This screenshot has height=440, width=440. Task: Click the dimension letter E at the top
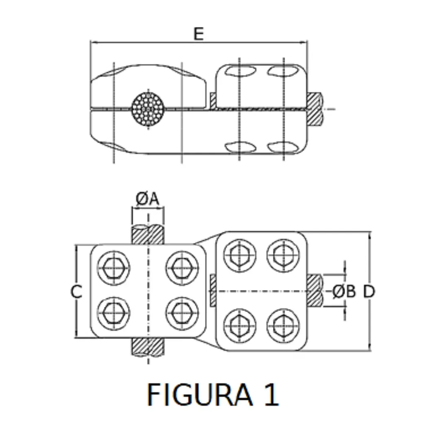(198, 34)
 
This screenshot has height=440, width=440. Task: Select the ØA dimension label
(147, 199)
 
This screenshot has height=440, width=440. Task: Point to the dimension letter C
(76, 292)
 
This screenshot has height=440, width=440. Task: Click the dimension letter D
(369, 291)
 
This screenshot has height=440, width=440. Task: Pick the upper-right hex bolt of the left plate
(182, 268)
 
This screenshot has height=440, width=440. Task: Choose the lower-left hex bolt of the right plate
(240, 326)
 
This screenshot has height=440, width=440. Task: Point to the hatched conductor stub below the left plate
(148, 347)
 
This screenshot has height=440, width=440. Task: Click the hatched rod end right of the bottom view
(315, 291)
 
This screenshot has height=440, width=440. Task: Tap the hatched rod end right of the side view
(315, 109)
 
